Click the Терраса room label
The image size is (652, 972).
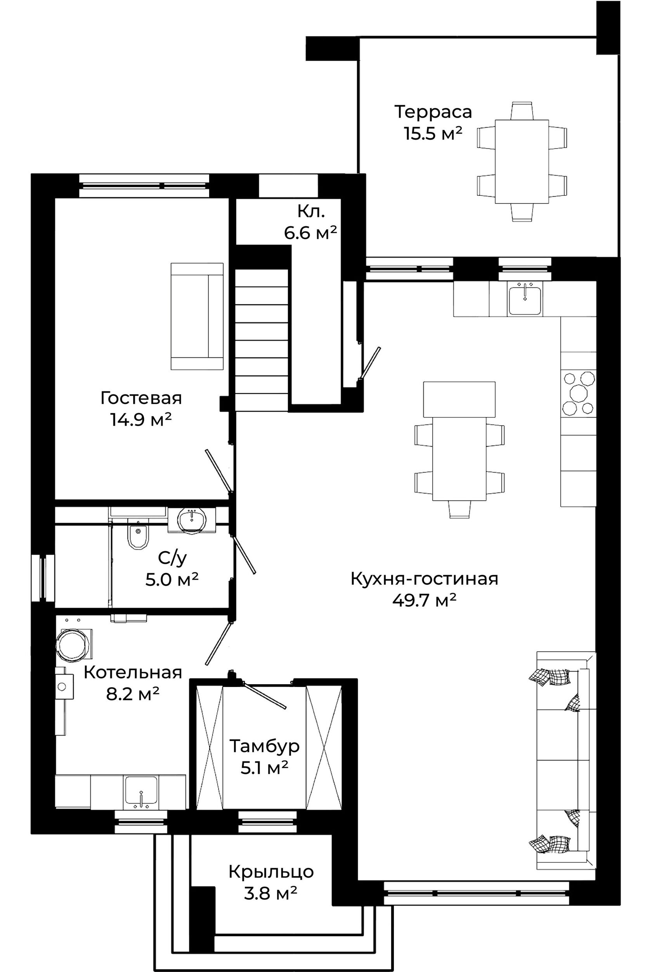(x=433, y=112)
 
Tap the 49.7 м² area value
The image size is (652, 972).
(x=424, y=600)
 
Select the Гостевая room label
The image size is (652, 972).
(x=141, y=398)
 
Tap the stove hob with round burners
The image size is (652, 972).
(x=578, y=393)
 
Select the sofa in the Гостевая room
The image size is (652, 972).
(x=197, y=316)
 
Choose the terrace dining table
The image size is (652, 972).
(x=522, y=162)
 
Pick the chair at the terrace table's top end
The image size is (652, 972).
(x=522, y=110)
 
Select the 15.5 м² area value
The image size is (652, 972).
(x=433, y=134)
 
